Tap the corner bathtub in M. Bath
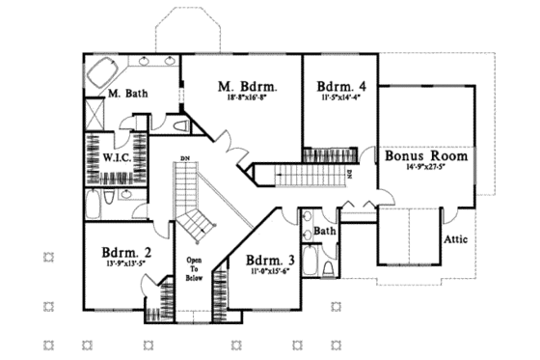[x=103, y=72]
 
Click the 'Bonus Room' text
[x=426, y=154]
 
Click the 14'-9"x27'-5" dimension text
[x=426, y=168]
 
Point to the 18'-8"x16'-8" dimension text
[x=241, y=97]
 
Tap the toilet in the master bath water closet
[x=181, y=125]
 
